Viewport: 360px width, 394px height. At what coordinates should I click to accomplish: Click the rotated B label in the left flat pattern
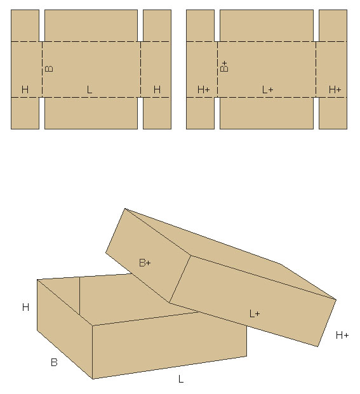click(49, 69)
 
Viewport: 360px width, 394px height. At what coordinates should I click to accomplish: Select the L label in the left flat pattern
click(90, 89)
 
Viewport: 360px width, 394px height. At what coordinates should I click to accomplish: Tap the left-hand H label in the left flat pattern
click(25, 89)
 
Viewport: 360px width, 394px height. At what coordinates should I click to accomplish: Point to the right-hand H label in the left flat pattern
click(157, 89)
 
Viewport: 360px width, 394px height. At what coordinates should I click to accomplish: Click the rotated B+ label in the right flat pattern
click(224, 67)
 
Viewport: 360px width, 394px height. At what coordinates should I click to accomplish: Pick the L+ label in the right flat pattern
click(267, 89)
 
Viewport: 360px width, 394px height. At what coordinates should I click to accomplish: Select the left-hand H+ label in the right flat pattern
click(204, 89)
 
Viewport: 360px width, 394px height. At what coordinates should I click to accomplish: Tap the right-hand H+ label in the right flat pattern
click(335, 89)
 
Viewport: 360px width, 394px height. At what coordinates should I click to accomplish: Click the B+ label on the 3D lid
click(145, 263)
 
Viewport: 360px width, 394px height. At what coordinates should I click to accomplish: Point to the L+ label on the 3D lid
click(255, 313)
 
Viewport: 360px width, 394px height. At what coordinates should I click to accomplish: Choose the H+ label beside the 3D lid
click(342, 335)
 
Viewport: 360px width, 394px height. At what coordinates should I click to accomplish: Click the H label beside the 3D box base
click(25, 307)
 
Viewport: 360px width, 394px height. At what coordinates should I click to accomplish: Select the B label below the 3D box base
click(54, 362)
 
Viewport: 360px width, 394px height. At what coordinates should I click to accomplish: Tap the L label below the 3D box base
click(181, 379)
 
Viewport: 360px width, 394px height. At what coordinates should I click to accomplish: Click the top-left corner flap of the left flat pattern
click(25, 25)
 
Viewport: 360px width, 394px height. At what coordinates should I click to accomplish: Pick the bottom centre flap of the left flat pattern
click(91, 113)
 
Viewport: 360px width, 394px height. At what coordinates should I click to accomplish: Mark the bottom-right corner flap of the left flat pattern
click(157, 113)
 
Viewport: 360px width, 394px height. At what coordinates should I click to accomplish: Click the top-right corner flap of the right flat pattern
click(333, 25)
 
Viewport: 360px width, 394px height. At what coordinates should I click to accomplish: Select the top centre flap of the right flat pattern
click(267, 25)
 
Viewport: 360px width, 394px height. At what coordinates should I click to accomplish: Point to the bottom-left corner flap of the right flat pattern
click(201, 113)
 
